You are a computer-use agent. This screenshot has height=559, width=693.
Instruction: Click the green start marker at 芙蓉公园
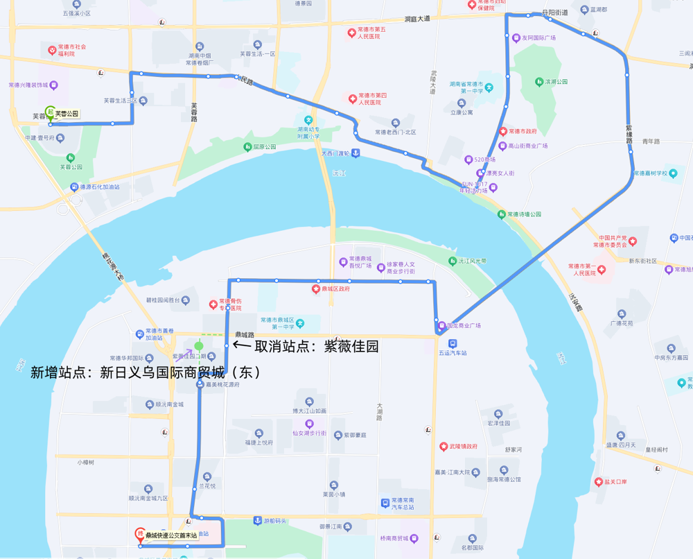click(x=51, y=111)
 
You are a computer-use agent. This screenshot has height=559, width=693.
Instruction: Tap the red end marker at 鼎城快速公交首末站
click(x=140, y=534)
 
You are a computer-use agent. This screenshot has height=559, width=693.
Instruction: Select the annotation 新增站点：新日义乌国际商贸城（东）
click(x=146, y=372)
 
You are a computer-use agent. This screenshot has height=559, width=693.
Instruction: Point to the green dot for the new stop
click(x=199, y=345)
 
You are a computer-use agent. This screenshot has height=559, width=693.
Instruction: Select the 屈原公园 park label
click(x=264, y=147)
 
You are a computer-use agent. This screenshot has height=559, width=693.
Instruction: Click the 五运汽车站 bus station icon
click(x=452, y=343)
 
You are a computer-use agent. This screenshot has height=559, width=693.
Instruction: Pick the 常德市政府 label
click(x=523, y=131)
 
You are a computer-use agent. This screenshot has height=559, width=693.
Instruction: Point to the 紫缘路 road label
click(x=629, y=135)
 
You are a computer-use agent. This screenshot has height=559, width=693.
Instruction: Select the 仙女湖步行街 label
click(x=309, y=433)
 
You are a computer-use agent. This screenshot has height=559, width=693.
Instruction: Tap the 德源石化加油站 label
click(x=99, y=187)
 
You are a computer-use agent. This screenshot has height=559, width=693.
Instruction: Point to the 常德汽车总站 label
click(x=403, y=504)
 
